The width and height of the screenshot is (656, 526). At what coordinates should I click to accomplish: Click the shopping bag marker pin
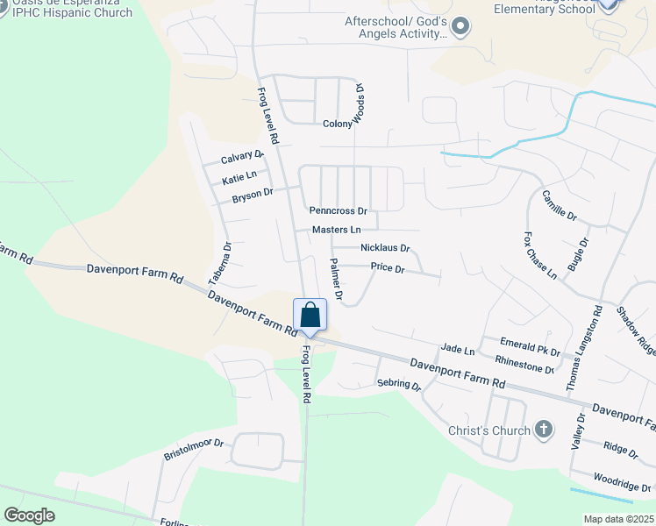point(310,315)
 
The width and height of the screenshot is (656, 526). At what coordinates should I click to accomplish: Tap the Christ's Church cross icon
point(544,430)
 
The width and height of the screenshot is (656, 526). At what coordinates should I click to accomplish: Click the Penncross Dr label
point(338,211)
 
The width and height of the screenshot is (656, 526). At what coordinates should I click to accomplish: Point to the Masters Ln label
point(336,230)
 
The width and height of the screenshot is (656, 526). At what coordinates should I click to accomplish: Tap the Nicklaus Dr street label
point(385,248)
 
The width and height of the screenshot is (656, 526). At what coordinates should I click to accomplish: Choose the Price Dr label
point(387,268)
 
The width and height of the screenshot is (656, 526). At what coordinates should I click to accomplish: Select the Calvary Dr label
point(242,158)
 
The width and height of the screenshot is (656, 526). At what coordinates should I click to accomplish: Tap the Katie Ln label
point(239,178)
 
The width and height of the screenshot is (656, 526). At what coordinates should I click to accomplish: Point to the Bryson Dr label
point(253,195)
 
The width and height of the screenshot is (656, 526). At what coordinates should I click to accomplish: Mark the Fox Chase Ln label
point(539,255)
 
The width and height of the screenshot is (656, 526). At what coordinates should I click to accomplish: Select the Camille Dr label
point(559,205)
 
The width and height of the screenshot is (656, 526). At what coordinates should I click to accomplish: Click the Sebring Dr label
point(399,384)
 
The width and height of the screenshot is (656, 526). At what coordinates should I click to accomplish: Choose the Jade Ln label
point(457,350)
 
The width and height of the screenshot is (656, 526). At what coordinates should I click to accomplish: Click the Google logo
point(30,515)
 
